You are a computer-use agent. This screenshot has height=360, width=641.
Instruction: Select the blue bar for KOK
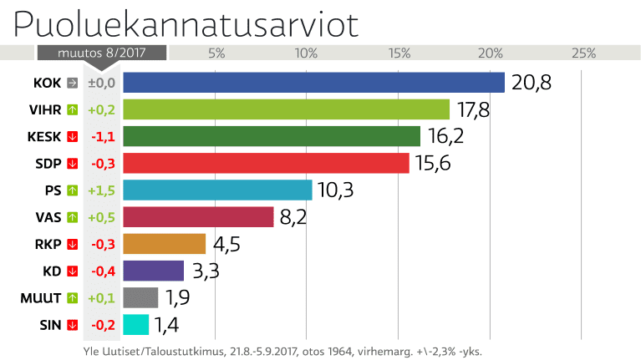pos(313,83)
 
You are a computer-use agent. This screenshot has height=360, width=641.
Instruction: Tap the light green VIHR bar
pos(286,109)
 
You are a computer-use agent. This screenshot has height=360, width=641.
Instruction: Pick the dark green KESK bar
pos(272,136)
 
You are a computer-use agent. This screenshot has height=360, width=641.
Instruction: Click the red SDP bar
pos(266,163)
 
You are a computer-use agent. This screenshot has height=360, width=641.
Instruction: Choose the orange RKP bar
pos(164,244)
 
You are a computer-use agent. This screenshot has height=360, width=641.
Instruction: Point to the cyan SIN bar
pos(135,324)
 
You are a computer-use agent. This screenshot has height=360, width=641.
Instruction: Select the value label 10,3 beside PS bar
pos(336,190)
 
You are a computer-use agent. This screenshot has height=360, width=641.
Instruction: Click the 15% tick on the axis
pos(399,53)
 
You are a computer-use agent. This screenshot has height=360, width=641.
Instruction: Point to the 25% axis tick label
pos(582,53)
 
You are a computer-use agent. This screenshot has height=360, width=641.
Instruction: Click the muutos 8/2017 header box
pos(101,53)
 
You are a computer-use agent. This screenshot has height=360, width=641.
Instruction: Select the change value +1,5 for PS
pos(101,190)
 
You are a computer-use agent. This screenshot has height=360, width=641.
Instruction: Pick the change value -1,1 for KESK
pos(101,136)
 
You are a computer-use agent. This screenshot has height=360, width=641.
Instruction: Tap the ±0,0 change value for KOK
pos(101,83)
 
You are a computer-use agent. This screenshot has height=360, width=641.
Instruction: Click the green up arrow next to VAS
pos(72,217)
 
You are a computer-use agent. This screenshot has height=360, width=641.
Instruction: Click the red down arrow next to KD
pos(72,271)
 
